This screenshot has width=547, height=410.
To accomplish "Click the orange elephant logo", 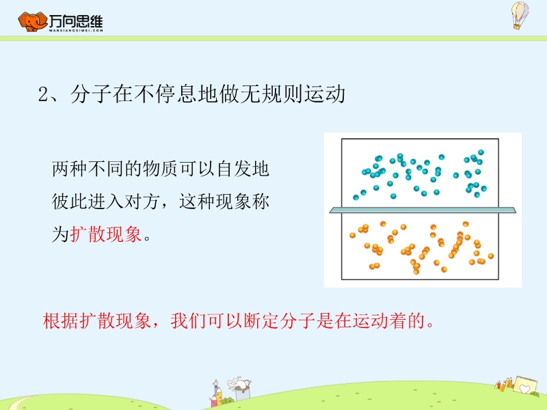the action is click(32, 22).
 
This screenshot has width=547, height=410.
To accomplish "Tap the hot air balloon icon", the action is click(520, 15).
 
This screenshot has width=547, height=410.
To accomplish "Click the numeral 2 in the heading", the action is click(43, 94).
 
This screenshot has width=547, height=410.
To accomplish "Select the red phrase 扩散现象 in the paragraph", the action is click(106, 234).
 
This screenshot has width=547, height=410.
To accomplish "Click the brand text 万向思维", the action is click(76, 21).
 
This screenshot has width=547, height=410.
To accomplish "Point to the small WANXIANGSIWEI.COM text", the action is click(76, 30).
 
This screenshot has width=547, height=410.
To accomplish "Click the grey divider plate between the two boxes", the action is click(423, 210).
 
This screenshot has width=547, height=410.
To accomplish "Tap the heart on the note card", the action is click(524, 388).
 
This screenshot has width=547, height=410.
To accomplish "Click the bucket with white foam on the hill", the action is click(241, 389).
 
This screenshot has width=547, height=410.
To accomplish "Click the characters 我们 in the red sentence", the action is click(189, 320).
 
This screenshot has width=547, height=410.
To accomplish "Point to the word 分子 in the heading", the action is click(91, 94).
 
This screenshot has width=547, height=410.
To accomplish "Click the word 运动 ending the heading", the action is click(324, 94).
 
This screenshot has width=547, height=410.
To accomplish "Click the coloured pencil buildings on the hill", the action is click(217, 394).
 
